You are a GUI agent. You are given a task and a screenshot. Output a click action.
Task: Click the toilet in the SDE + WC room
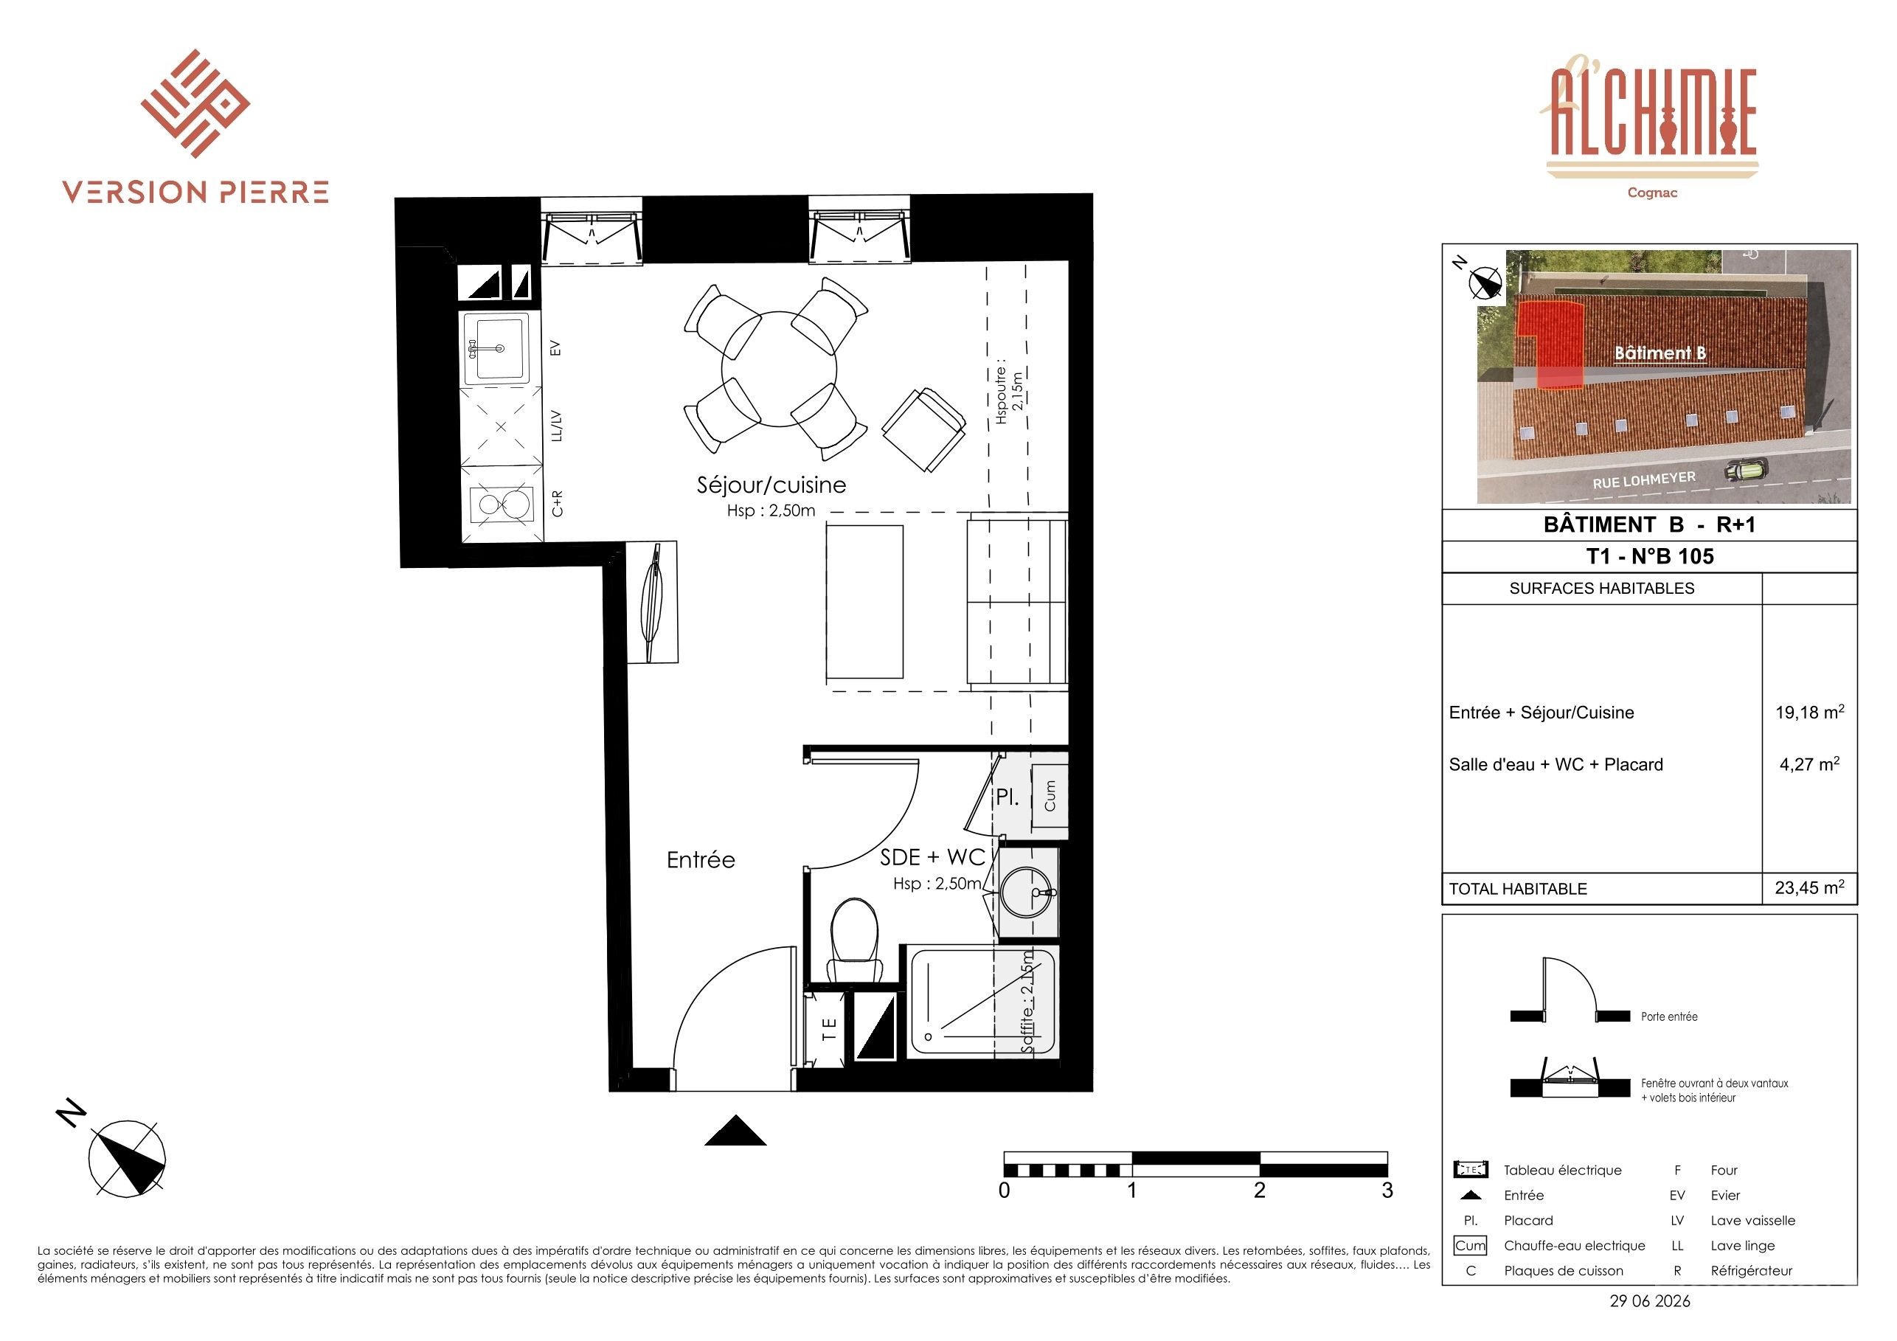855,942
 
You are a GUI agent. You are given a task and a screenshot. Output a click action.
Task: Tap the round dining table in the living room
779,370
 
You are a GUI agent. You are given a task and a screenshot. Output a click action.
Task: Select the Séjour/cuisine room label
771,485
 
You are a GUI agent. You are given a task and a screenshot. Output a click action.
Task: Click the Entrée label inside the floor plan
701,860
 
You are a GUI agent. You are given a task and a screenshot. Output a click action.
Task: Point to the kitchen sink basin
495,349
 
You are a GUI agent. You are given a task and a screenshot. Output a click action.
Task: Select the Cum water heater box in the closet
1050,796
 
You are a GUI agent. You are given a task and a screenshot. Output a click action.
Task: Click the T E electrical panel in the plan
829,1027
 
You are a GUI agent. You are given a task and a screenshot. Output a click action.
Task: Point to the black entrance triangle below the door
735,1130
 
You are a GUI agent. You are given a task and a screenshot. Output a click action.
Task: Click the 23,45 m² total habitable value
1809,887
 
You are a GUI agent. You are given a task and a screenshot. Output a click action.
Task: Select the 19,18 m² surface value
1809,711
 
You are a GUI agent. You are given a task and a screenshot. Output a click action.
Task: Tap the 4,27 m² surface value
1809,763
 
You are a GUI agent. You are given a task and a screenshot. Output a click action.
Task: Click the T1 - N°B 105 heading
1650,556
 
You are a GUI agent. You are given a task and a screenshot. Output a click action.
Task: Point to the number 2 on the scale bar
1259,1191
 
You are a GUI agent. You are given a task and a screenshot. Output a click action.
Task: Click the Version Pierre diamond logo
195,103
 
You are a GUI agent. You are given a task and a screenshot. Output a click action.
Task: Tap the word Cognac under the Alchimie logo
1651,193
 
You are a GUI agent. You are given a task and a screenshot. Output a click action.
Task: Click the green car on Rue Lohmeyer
1746,471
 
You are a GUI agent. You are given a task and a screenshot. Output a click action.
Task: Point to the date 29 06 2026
1650,1301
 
